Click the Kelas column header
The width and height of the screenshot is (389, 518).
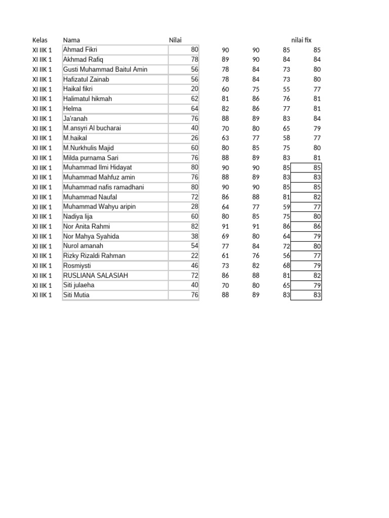(40, 40)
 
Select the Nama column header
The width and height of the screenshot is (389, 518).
(71, 40)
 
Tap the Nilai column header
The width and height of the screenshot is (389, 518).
(175, 40)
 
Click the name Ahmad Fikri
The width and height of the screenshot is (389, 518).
(80, 50)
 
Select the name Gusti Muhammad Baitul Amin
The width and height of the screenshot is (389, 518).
(105, 69)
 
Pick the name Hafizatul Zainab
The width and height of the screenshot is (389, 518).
(86, 79)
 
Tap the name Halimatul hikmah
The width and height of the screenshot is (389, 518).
(88, 99)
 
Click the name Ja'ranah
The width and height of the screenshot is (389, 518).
(75, 118)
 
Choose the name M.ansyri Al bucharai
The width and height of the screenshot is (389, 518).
(92, 128)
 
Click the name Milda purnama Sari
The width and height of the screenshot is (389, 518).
(91, 157)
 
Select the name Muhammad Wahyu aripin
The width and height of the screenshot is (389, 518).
(99, 206)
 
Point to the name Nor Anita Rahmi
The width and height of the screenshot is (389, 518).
(87, 226)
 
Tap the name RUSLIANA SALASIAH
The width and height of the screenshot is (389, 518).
(96, 275)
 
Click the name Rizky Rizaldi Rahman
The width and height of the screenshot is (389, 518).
(94, 255)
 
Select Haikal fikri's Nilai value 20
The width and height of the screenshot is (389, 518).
(194, 89)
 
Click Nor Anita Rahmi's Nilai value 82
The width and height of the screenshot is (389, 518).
(194, 226)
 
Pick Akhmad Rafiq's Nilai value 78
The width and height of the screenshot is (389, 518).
(194, 60)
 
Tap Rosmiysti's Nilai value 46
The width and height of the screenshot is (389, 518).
(194, 266)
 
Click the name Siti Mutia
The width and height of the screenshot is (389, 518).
(76, 295)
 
